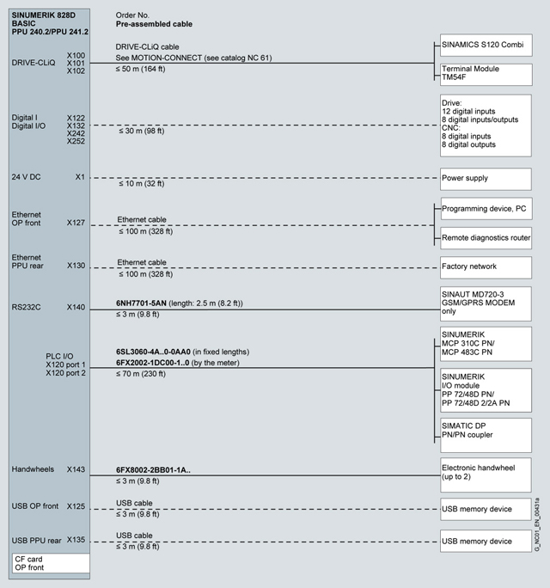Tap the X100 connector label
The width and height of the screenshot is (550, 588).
(76, 54)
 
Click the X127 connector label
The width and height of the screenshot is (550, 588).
(76, 223)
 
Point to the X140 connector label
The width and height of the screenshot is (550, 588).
(76, 306)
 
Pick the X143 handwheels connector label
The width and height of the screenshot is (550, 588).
(76, 469)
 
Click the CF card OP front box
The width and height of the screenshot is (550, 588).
(50, 563)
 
